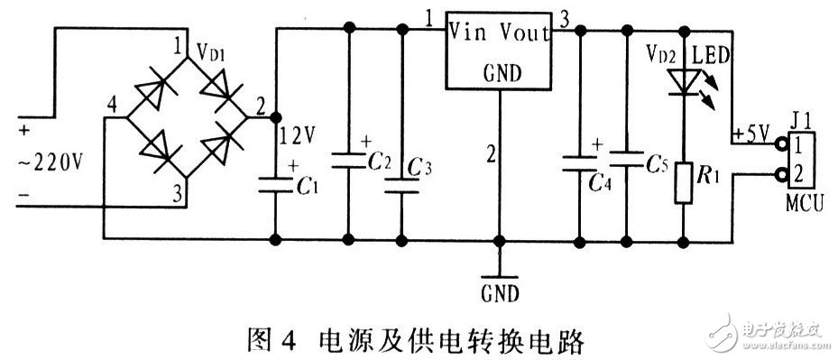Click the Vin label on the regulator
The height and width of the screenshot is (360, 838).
click(469, 34)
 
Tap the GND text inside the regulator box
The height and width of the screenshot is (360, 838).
click(501, 73)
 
